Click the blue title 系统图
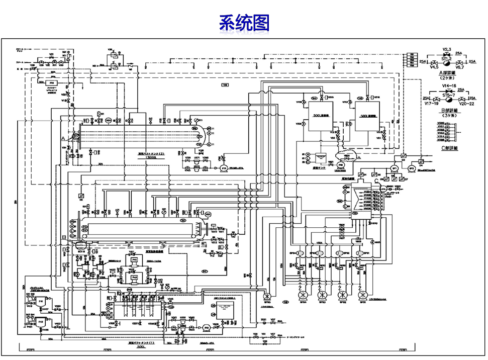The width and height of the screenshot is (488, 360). (244, 23)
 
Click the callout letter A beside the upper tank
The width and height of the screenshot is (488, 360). (63, 137)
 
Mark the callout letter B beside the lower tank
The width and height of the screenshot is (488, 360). (64, 237)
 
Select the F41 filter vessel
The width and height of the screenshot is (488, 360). (40, 301)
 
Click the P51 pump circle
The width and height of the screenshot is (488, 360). (207, 327)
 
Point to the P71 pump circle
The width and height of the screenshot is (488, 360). (224, 167)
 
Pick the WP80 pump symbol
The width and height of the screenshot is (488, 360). (266, 295)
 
